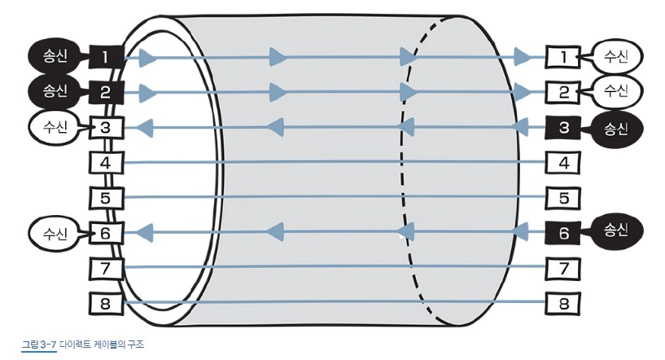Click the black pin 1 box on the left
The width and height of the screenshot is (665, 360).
tap(105, 57)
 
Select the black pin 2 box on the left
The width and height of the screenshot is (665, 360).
tap(105, 91)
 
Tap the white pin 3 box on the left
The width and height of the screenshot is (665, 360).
tap(105, 127)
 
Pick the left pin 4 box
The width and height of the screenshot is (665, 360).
tap(105, 162)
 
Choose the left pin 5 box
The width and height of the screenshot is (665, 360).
tap(105, 198)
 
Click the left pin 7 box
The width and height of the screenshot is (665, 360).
tap(105, 268)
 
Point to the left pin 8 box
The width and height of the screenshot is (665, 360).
tap(105, 303)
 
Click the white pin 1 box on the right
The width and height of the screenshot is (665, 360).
tap(562, 57)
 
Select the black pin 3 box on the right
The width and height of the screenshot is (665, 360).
tap(562, 127)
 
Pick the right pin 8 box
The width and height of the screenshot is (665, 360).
tap(562, 303)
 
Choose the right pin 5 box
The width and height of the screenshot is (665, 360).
tap(562, 198)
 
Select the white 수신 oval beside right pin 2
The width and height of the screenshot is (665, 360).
tap(617, 90)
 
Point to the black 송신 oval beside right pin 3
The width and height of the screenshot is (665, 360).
tap(617, 127)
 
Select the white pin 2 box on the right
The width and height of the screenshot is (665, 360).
tap(562, 91)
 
